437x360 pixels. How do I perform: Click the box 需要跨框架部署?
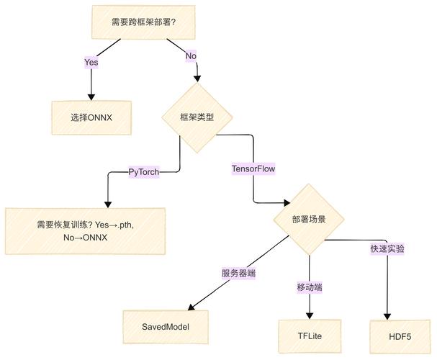coord(144,22)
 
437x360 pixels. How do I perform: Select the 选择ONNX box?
coord(91,117)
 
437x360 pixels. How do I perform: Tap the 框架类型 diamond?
coord(197,117)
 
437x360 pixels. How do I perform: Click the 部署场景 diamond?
coord(309,219)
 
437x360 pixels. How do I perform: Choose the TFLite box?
coord(309,336)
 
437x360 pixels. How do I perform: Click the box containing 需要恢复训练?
coord(85,230)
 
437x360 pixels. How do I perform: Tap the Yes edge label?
coord(91,63)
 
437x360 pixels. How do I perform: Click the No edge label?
coord(191,56)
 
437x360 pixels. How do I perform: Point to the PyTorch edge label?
coord(144,172)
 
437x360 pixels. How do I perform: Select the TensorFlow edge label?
coord(253,168)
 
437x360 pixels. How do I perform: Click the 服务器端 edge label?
coord(239,273)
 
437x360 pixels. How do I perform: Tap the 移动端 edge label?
coord(309,287)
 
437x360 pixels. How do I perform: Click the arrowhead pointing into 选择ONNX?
coord(91,96)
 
